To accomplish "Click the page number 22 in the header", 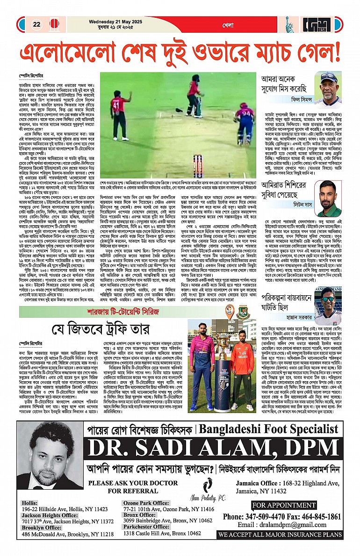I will click(36, 24).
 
